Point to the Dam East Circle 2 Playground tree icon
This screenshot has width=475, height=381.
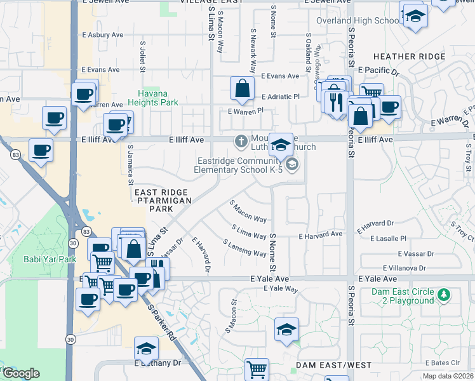445,294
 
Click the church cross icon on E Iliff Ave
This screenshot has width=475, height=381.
241,141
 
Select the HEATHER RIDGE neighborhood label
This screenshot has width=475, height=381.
410,57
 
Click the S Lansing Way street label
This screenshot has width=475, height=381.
244,248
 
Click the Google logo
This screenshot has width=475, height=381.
20,373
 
